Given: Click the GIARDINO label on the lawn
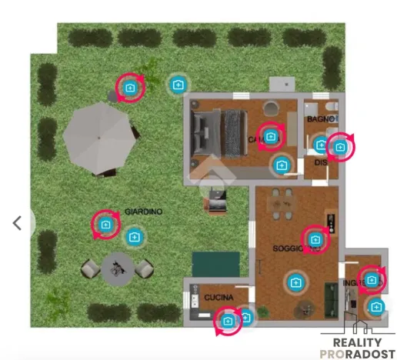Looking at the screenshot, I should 144,211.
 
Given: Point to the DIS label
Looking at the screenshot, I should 321,162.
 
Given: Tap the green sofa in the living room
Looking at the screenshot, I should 332,297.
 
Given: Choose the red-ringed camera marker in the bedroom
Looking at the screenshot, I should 270,137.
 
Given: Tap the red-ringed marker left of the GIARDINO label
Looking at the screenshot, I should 105,225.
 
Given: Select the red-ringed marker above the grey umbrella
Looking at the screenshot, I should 129,88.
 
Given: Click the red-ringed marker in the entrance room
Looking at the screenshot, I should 372,280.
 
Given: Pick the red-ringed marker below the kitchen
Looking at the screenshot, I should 227,321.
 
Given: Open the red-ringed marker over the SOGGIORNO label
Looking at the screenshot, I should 315,239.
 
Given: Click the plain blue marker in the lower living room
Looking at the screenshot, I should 295,283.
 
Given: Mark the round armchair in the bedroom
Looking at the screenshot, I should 272,108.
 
